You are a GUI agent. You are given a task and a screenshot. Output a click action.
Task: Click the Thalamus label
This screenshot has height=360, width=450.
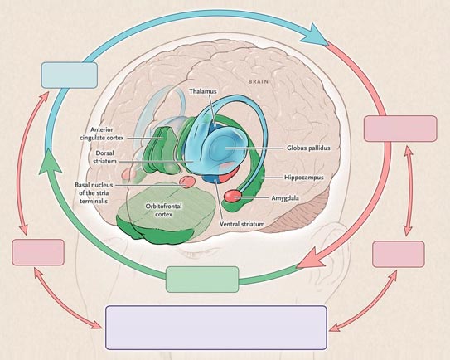click(203, 91)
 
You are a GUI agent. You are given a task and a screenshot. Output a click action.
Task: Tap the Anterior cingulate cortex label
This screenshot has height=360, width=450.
click(102, 134)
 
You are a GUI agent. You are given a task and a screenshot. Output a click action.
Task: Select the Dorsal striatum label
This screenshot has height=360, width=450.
click(104, 157)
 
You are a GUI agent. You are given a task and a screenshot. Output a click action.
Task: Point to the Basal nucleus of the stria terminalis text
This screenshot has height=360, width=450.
click(94, 193)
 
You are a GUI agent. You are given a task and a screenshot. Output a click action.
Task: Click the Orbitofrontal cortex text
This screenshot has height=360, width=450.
click(163, 211)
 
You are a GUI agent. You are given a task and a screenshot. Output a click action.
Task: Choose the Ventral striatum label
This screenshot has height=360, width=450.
click(242, 224)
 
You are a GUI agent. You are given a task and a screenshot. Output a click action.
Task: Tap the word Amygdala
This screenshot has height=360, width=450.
click(285, 198)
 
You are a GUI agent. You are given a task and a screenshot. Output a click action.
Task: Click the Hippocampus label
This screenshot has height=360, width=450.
click(304, 178)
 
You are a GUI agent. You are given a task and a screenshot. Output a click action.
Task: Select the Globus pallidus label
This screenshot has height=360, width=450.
click(308, 148)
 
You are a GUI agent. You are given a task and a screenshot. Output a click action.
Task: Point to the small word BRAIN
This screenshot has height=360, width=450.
click(259, 81)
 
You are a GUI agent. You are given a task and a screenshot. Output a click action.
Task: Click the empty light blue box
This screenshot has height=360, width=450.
click(70, 75)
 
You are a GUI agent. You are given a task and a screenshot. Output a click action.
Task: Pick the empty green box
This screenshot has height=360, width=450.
click(202, 280)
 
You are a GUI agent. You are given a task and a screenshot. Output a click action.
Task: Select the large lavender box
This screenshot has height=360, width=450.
click(216, 328)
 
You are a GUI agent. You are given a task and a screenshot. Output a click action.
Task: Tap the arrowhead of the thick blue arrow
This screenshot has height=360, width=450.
click(317, 36)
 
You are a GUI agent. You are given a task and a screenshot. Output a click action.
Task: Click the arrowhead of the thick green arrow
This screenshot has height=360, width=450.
click(50, 163)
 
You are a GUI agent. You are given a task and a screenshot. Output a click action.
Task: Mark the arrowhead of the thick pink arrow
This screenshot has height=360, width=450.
click(312, 258)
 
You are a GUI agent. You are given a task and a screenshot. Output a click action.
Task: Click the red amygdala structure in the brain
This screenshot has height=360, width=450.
click(234, 196)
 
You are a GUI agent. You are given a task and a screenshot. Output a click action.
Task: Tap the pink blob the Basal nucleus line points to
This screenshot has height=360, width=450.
click(187, 182)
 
